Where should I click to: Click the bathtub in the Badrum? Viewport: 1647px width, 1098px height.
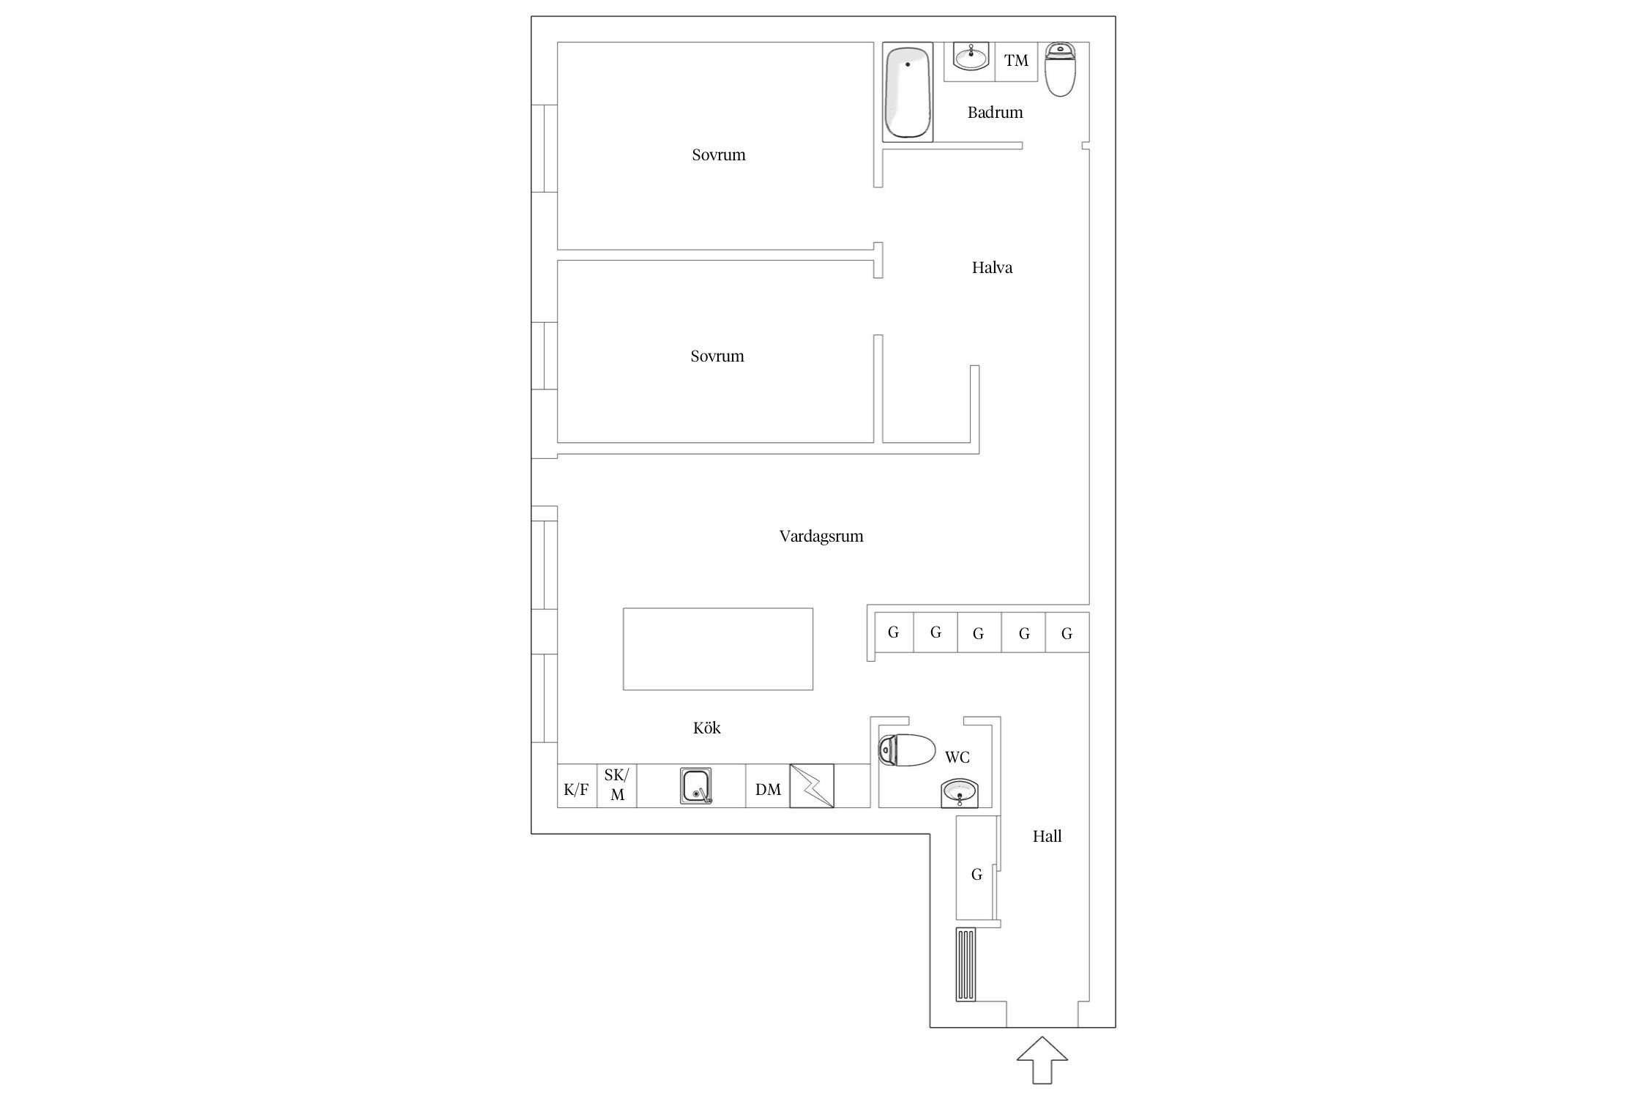pyautogui.click(x=908, y=92)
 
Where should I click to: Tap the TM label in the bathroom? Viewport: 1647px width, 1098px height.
pyautogui.click(x=1016, y=61)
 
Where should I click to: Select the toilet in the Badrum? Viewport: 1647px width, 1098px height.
pyautogui.click(x=1060, y=70)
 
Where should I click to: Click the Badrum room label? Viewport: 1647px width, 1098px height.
pyautogui.click(x=995, y=113)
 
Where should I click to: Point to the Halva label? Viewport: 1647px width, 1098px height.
pyautogui.click(x=992, y=268)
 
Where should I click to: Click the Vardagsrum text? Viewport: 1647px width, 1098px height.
pyautogui.click(x=821, y=537)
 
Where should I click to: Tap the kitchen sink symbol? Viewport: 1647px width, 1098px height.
pyautogui.click(x=696, y=786)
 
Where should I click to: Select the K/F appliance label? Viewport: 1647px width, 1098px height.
pyautogui.click(x=576, y=790)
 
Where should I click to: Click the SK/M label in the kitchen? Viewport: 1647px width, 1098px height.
pyautogui.click(x=616, y=785)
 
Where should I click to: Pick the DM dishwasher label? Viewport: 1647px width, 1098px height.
pyautogui.click(x=768, y=790)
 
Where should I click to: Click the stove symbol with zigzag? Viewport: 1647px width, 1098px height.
pyautogui.click(x=812, y=786)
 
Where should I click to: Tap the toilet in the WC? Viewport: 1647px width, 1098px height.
pyautogui.click(x=907, y=751)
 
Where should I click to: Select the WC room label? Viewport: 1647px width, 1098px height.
pyautogui.click(x=957, y=758)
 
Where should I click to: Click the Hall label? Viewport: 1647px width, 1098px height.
pyautogui.click(x=1047, y=837)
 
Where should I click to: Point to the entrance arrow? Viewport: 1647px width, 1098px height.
pyautogui.click(x=1042, y=1059)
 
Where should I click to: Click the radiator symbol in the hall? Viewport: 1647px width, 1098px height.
pyautogui.click(x=966, y=964)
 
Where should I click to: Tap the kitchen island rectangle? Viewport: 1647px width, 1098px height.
pyautogui.click(x=718, y=649)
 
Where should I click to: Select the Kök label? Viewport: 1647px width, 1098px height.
pyautogui.click(x=707, y=728)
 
